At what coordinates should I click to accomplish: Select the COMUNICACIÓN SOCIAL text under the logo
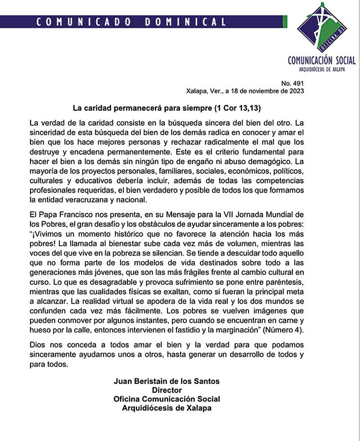(321, 60)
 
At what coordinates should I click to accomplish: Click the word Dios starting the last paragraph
(37, 345)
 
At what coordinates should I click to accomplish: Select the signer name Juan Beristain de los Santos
(166, 381)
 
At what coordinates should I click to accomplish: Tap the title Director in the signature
(166, 390)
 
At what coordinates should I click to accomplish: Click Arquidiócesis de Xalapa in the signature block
(166, 408)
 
